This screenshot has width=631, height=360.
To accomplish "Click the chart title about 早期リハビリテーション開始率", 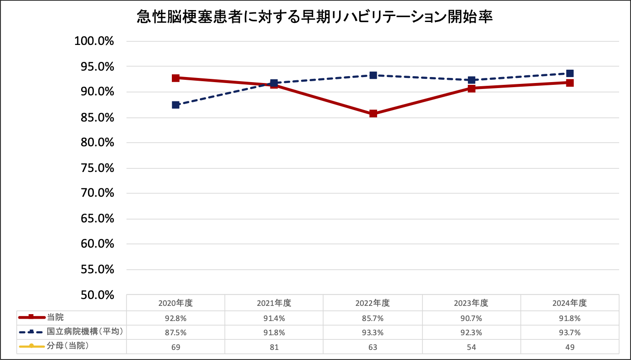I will click(315, 17).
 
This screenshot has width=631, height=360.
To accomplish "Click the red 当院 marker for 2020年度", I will click(176, 78).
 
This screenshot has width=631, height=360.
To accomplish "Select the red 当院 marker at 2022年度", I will click(373, 114).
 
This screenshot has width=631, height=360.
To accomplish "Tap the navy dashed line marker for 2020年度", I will click(176, 105).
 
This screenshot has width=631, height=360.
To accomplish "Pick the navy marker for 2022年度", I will click(373, 75).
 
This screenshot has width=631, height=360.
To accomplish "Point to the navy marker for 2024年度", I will click(570, 73).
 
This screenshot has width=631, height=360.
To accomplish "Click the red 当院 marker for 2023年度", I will click(472, 88).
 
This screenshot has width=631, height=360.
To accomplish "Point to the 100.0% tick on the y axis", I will click(94, 41).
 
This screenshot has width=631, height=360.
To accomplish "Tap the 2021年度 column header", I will click(274, 303).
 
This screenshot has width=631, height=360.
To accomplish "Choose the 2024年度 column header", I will click(570, 303).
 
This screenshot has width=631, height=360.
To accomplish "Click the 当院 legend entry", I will click(54, 317).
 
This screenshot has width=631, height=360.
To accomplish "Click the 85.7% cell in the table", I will click(373, 318).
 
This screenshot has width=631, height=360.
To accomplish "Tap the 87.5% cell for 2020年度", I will click(176, 332).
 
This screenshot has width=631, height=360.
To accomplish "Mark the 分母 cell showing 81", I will click(274, 347).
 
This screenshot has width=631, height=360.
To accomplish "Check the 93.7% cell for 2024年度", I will click(570, 332).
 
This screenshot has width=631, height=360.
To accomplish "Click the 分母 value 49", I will click(570, 347).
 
